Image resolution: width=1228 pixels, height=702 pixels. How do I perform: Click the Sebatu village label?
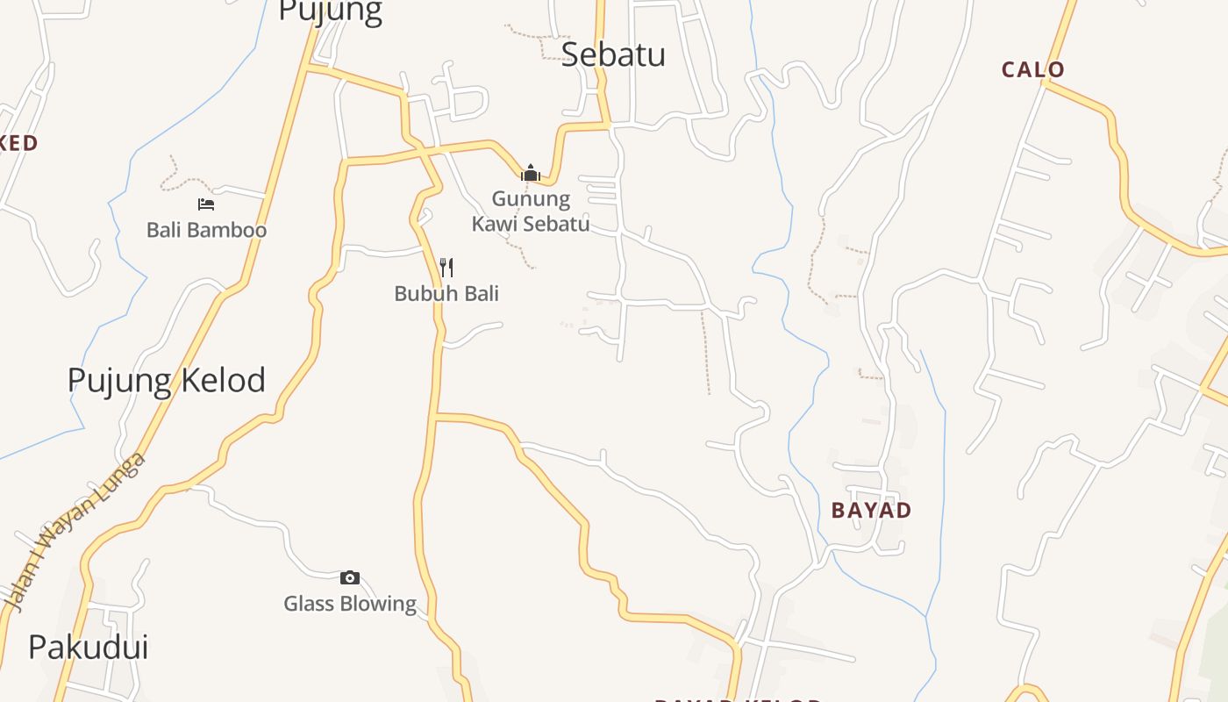tap(613, 54)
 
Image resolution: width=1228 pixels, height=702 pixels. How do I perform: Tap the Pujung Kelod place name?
tap(167, 380)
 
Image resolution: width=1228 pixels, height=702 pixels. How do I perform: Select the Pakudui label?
tap(88, 647)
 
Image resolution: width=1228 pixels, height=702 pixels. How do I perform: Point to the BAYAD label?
tap(871, 510)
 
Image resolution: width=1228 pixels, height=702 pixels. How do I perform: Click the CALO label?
tap(1033, 69)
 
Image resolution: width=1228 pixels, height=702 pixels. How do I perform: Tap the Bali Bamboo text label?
tap(206, 230)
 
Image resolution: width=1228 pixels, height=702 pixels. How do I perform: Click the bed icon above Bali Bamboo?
tap(206, 204)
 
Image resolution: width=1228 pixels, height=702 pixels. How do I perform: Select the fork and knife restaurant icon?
tap(446, 267)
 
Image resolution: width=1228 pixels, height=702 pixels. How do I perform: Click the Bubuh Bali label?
tap(446, 293)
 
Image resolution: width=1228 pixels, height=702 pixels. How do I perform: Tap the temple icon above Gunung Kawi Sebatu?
tap(530, 173)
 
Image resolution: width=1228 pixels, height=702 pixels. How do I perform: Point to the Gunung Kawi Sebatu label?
tap(531, 211)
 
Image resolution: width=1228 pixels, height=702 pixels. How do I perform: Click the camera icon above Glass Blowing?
tap(349, 577)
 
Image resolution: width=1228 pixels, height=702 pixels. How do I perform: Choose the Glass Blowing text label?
tap(350, 604)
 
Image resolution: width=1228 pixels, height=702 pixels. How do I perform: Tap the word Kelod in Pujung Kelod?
tap(220, 380)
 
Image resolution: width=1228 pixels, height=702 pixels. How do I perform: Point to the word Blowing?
tap(380, 604)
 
